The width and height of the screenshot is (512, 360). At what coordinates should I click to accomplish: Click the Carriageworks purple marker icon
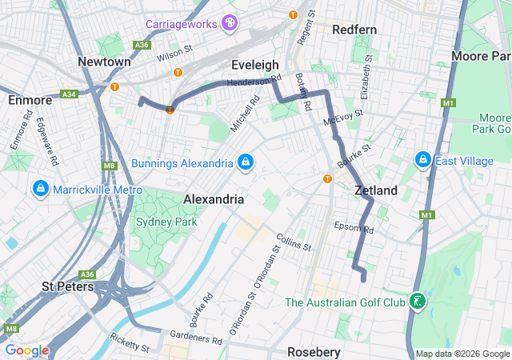click(230, 23)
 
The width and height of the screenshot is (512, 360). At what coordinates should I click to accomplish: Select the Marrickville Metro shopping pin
click(39, 189)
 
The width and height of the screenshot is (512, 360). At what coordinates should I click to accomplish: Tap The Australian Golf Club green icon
click(416, 302)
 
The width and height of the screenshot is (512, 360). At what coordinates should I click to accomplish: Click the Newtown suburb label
click(104, 62)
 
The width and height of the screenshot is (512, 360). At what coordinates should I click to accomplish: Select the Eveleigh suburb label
click(254, 64)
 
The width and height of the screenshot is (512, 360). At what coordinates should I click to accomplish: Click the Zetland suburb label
click(376, 190)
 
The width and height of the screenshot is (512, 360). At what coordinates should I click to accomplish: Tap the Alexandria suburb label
click(213, 198)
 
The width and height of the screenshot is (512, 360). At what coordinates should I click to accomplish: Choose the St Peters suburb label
click(68, 286)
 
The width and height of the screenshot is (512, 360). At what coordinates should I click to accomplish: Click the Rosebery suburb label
click(314, 352)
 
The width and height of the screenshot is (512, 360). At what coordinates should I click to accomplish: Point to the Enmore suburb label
click(30, 100)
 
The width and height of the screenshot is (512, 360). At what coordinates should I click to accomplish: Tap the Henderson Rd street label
click(254, 81)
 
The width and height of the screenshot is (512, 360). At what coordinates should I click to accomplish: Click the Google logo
click(26, 350)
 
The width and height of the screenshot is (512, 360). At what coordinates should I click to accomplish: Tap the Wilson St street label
click(175, 53)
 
